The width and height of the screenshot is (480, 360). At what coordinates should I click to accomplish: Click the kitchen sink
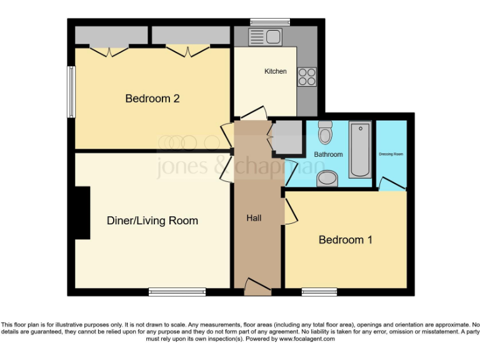[x=266, y=37]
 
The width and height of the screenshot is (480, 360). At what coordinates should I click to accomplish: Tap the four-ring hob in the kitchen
[x=306, y=76]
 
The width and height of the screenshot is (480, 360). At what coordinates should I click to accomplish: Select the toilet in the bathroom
[x=325, y=133]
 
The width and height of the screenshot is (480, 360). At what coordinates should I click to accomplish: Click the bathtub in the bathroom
[x=359, y=149]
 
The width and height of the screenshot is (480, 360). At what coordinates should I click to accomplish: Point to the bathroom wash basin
[x=326, y=179]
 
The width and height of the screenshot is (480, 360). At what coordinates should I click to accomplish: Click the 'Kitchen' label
[x=276, y=71]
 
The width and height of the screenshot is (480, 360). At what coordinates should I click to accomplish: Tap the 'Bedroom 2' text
[x=152, y=98]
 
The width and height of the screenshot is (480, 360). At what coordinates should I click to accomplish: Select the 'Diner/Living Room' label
[x=152, y=221]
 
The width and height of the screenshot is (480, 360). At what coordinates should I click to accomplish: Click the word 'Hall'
[x=254, y=218]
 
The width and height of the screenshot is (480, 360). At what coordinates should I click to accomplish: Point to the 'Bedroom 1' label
[x=346, y=239]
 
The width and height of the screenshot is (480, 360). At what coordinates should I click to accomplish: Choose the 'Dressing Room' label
[x=391, y=154]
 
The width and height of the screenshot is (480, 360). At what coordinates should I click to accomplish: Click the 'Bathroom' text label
[x=328, y=154]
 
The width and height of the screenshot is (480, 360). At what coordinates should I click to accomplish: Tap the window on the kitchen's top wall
[x=266, y=22]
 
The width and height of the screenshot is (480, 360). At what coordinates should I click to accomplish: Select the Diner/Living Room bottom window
[x=177, y=291]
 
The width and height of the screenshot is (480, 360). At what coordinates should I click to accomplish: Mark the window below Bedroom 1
[x=319, y=291]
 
